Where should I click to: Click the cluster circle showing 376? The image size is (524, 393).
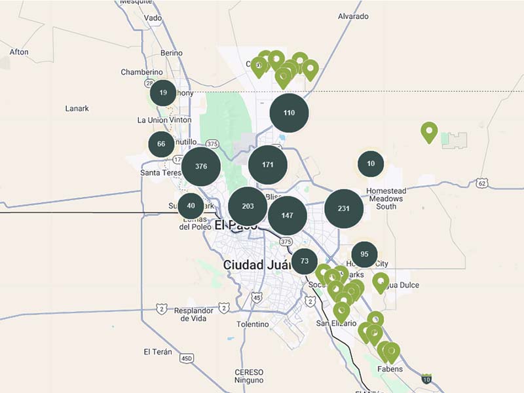(201, 166)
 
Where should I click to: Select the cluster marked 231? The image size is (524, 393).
(344, 209)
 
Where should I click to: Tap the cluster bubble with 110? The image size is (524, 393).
(289, 113)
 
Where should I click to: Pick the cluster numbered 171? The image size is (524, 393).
(267, 164)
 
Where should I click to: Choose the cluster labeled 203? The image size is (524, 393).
(248, 206)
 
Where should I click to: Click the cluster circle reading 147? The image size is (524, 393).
(288, 215)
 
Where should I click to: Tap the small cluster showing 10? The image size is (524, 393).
(371, 164)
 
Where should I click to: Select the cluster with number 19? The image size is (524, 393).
(163, 93)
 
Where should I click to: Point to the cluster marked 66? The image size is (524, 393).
(161, 144)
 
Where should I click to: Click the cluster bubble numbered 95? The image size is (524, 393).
(364, 255)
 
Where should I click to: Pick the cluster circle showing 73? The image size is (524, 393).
(305, 261)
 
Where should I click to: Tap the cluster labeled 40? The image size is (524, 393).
(191, 206)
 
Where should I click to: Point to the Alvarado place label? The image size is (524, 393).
(354, 16)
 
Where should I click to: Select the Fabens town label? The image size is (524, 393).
(390, 369)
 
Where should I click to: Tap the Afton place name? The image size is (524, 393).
(19, 52)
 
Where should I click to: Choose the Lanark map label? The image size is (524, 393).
(77, 108)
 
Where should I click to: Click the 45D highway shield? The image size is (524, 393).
(187, 358)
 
